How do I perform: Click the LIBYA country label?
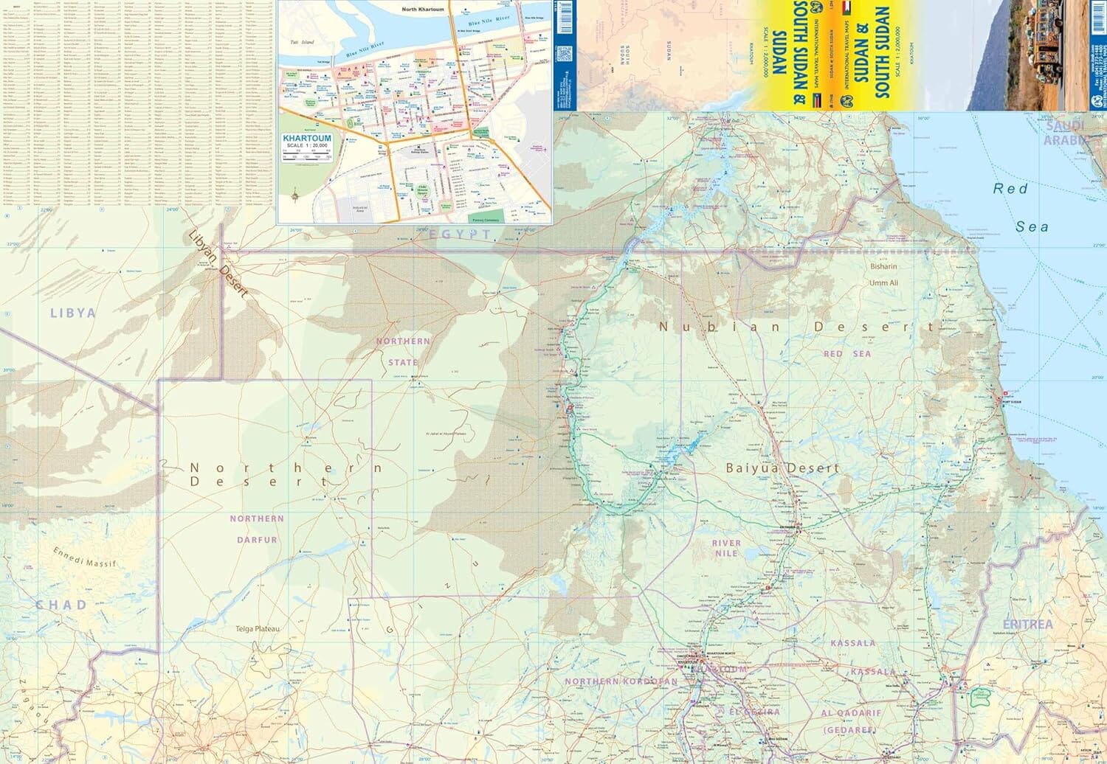tap(72, 313)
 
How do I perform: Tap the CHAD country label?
tap(61, 605)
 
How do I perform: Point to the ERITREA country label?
tap(1028, 625)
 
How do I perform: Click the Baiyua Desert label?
tap(782, 468)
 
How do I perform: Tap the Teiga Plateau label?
tap(257, 629)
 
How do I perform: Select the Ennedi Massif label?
tap(85, 558)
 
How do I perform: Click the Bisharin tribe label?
tap(883, 267)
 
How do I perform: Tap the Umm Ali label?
tap(883, 283)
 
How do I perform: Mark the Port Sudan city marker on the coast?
tap(1002, 400)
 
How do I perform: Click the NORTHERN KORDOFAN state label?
tap(621, 681)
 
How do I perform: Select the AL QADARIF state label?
tap(851, 713)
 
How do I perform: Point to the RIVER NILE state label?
tap(726, 548)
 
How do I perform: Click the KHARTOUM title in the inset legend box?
tap(307, 139)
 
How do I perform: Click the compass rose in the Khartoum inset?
tap(296, 196)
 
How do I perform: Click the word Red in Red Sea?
tap(1010, 189)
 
